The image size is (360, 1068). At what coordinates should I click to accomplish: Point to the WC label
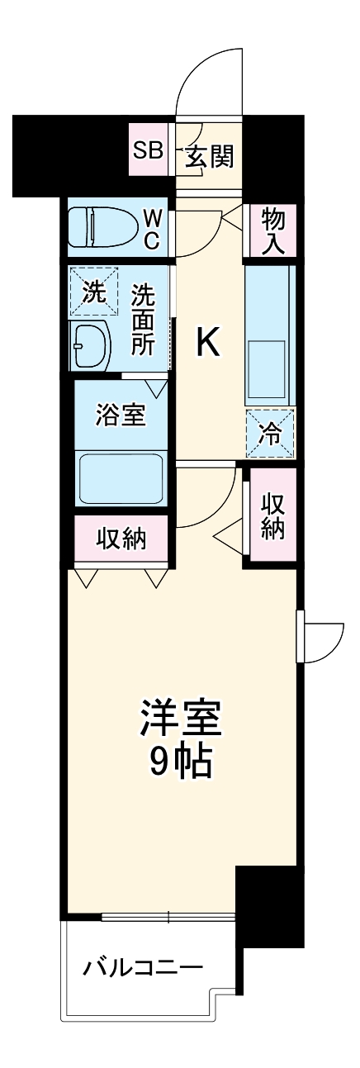[x=154, y=227]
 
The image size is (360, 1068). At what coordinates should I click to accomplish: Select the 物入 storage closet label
[x=272, y=230]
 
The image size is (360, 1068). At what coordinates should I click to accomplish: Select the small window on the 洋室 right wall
[x=301, y=636]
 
